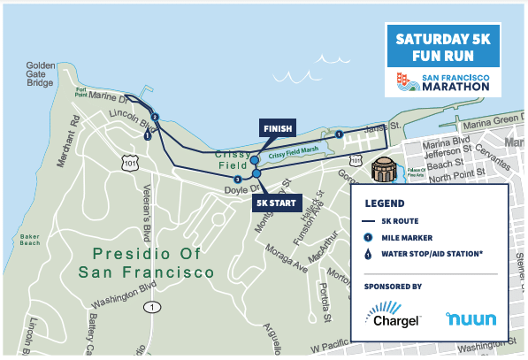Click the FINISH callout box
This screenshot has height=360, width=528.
[x=277, y=129]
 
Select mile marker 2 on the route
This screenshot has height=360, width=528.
[x=155, y=117]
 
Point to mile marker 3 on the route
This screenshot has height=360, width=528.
[x=237, y=180]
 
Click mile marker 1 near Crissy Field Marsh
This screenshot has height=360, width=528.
[x=339, y=134]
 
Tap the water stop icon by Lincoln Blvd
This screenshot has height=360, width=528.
[x=147, y=135]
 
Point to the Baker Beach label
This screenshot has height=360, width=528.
[x=32, y=241]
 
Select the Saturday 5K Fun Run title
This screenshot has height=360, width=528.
[x=442, y=48]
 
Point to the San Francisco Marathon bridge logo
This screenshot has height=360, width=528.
[x=408, y=83]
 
